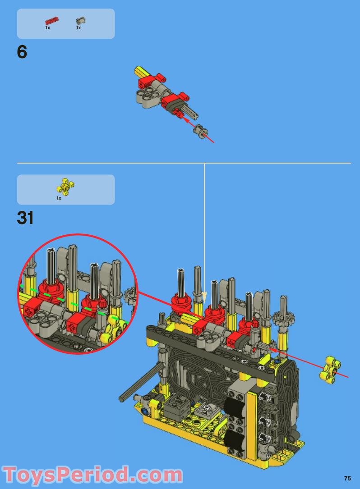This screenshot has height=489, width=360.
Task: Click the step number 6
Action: point(22,52)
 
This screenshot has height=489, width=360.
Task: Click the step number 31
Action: point(25,218)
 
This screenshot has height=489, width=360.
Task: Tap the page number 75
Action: point(347,478)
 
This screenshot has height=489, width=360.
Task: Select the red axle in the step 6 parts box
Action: point(52,21)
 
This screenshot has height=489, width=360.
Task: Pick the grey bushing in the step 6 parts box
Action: point(81,21)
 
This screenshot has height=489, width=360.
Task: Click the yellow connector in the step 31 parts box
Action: point(65,187)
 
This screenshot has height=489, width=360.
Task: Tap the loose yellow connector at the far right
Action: point(330,370)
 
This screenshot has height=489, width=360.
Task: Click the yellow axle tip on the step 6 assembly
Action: point(140,71)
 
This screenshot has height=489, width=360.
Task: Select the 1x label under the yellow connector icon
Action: point(59,198)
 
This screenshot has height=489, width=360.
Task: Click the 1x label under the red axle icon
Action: point(47,28)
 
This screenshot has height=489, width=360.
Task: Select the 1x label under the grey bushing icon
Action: point(78,28)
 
